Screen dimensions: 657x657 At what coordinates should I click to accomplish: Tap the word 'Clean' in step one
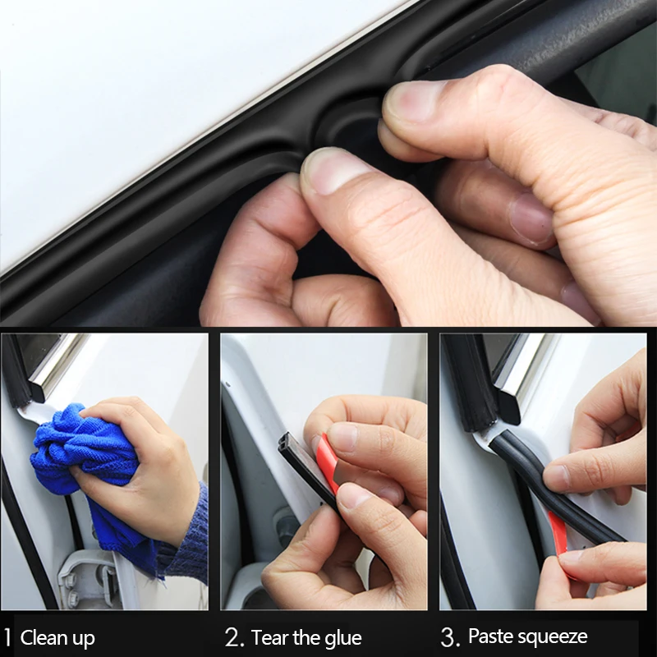coord(45,637)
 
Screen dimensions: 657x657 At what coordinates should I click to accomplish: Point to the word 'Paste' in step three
coord(492,636)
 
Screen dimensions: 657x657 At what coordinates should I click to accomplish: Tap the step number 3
coord(449,636)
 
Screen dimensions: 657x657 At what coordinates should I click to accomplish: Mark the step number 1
coord(7,637)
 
